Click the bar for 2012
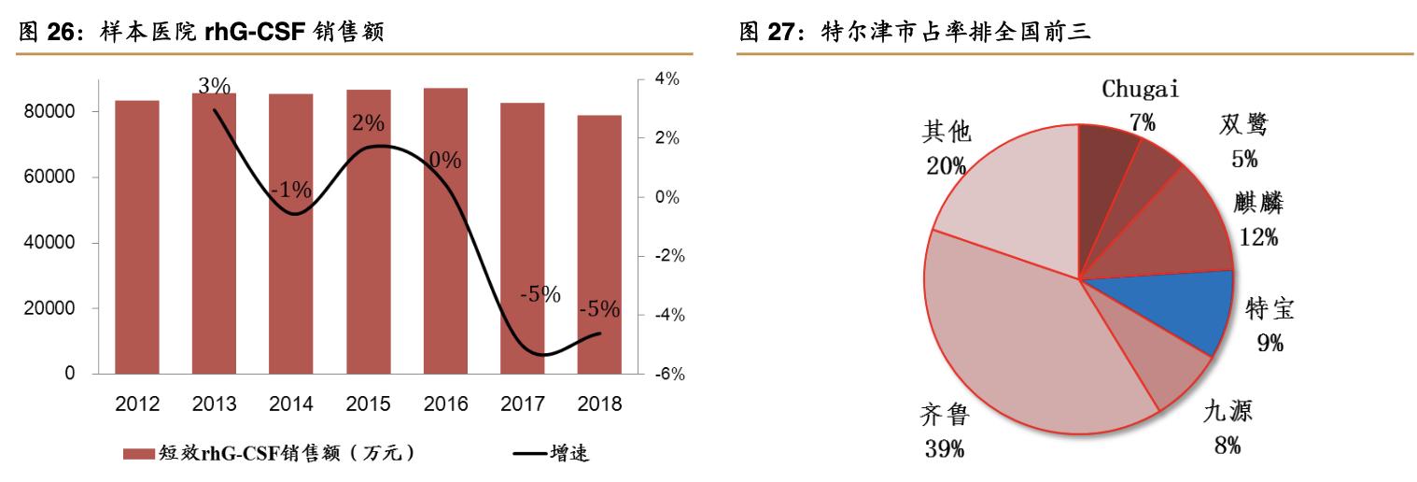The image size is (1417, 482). click(x=137, y=237)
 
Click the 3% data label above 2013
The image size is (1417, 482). click(x=215, y=86)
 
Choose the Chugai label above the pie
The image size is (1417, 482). click(x=1141, y=91)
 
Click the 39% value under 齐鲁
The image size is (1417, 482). click(x=945, y=447)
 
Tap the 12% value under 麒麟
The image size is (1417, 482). click(x=1258, y=237)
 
